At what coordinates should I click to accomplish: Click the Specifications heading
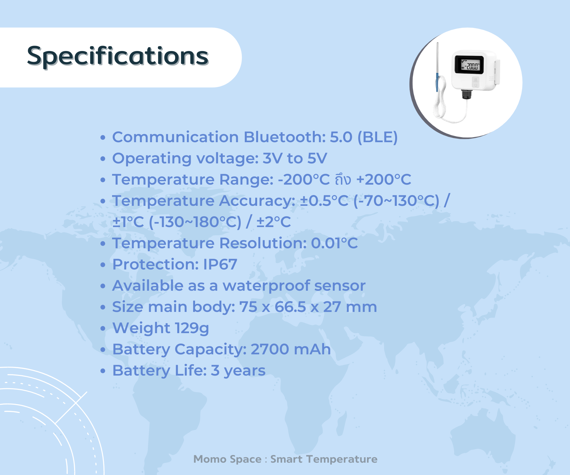point(118,56)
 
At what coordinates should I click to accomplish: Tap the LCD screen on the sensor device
point(469,65)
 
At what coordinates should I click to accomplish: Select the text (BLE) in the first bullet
point(377,137)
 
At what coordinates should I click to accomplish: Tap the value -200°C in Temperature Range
point(304,180)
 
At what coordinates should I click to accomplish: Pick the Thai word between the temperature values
point(343,180)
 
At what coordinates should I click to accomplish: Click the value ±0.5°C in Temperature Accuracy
point(324,201)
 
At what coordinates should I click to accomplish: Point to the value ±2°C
point(274,222)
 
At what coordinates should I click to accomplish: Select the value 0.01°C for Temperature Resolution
point(334,243)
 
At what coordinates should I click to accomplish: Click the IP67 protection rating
point(220,264)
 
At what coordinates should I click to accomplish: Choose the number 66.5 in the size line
point(290,307)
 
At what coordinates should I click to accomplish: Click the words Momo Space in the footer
point(227,459)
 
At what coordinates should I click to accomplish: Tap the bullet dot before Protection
point(103,265)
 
